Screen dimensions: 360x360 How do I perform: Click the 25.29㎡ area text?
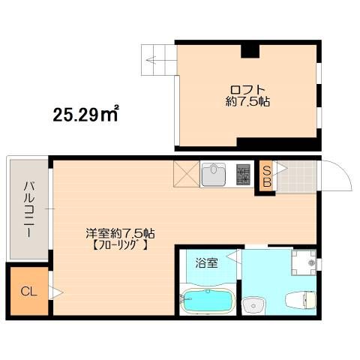(85, 115)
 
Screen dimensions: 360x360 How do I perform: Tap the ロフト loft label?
(247, 89)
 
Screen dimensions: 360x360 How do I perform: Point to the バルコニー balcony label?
(29, 209)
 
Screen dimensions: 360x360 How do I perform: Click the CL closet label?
(28, 292)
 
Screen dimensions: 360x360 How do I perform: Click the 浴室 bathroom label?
(206, 263)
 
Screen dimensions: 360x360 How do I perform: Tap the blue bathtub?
(207, 300)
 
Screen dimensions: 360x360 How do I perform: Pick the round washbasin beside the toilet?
(253, 304)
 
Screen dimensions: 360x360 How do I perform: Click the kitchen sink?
(214, 174)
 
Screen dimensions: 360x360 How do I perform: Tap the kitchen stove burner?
(243, 174)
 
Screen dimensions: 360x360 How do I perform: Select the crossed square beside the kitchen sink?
(186, 174)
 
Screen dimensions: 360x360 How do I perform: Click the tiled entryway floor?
(296, 176)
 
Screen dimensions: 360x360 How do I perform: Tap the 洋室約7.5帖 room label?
(120, 233)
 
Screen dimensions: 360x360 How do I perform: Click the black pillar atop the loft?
(250, 51)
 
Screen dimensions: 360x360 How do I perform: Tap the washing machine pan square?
(304, 262)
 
